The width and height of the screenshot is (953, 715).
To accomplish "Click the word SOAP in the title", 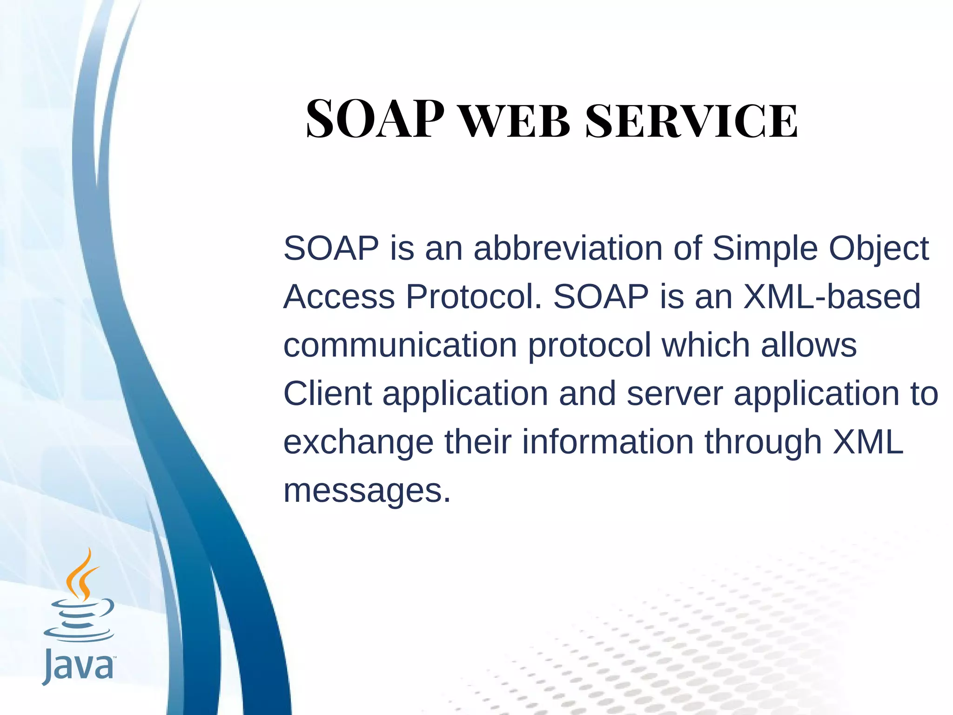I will pyautogui.click(x=375, y=120).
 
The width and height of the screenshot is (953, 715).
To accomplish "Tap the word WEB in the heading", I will pyautogui.click(x=515, y=121).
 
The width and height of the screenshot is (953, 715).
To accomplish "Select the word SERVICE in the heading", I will pyautogui.click(x=691, y=121).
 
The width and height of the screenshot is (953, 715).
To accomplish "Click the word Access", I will pyautogui.click(x=339, y=297).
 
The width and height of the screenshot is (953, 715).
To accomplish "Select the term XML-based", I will pyautogui.click(x=832, y=297).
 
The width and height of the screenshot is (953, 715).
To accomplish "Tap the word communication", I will pyautogui.click(x=400, y=345).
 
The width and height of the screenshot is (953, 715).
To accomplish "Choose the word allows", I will pyautogui.click(x=808, y=345).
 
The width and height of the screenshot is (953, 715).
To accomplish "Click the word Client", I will pyautogui.click(x=327, y=393).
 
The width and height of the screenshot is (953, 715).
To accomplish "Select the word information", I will pyautogui.click(x=608, y=442).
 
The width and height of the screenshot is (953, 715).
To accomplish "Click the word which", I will pyautogui.click(x=706, y=345).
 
